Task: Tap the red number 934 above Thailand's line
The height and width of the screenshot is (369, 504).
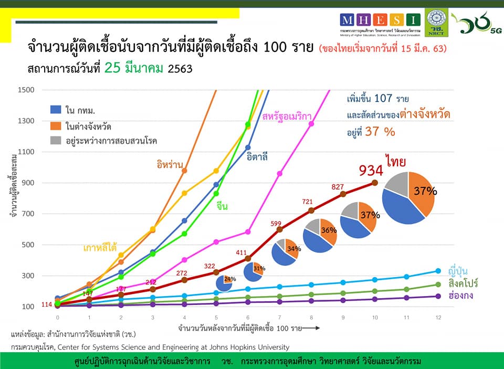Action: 374,171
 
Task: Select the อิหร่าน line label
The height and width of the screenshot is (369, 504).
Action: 170,163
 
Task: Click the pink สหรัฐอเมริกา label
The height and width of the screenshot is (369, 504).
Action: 287,115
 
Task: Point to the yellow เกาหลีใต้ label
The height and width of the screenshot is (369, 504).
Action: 99,247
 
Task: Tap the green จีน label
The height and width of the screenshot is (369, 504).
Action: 222,206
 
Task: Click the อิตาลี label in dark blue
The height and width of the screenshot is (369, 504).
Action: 258,157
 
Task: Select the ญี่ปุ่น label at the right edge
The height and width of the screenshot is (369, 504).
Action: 458,271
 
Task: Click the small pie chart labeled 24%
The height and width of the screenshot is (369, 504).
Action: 225,283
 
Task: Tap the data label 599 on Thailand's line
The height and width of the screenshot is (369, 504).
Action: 277,224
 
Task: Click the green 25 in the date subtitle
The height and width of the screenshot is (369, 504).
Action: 113,68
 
